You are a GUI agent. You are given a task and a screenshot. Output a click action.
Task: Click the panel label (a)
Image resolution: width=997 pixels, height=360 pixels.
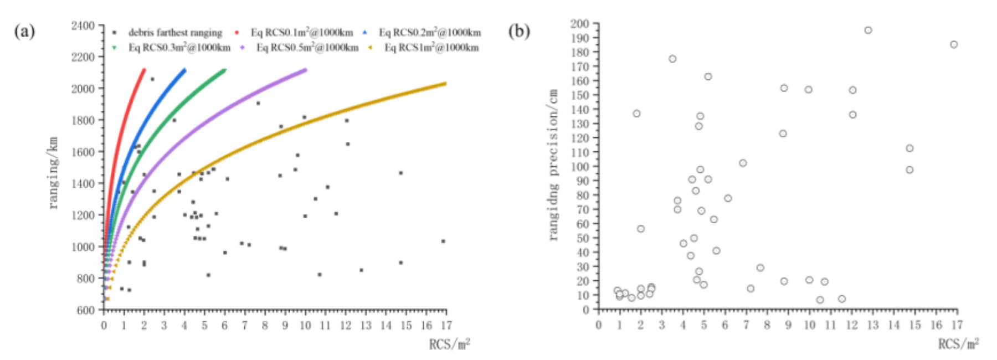(24, 31)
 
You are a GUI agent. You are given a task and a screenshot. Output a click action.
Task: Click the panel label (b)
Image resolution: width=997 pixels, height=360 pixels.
(519, 31)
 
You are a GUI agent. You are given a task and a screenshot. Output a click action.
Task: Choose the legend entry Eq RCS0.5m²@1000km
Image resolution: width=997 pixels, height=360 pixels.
(307, 48)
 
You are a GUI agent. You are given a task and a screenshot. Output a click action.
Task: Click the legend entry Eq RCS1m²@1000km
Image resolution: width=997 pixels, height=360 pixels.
(431, 48)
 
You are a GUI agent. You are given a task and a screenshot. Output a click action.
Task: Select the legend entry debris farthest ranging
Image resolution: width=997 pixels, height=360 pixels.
(175, 33)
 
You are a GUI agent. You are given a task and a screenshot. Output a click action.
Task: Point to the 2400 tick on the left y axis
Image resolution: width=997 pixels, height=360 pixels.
(83, 25)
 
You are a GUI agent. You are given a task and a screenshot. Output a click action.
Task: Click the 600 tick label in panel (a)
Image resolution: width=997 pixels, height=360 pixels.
(86, 310)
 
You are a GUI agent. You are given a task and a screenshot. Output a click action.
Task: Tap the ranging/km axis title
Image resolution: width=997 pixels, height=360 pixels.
(53, 173)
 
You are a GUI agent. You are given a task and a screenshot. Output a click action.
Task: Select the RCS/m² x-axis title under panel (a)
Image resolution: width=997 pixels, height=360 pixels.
(449, 344)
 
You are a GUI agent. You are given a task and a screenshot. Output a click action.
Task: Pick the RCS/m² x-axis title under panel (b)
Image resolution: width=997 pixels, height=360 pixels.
(958, 344)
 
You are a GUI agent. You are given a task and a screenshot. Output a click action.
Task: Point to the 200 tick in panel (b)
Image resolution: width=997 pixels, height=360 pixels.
(580, 23)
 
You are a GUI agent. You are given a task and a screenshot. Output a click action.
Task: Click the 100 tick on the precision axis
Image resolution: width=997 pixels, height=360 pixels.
(580, 166)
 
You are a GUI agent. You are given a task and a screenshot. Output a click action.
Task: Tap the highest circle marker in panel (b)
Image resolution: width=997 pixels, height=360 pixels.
(868, 30)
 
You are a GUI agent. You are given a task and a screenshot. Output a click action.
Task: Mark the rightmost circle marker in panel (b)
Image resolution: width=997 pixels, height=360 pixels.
(954, 44)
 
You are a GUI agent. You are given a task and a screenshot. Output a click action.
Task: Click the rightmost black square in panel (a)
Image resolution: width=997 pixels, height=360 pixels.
(443, 241)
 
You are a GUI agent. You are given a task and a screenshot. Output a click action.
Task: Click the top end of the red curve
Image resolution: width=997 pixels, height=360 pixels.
(144, 70)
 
